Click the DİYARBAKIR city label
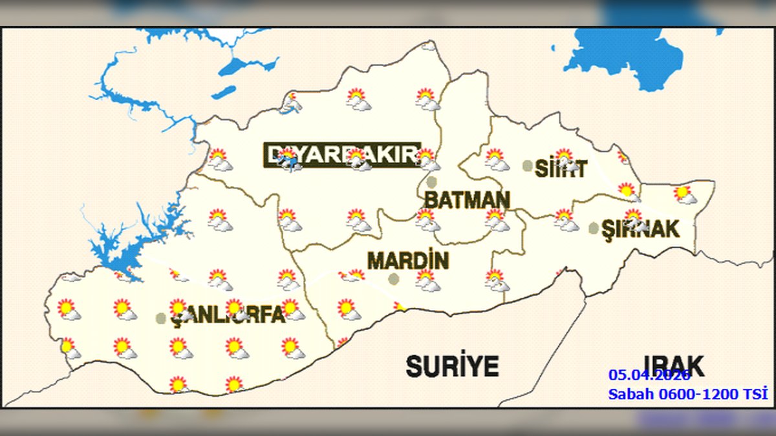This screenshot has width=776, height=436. pyautogui.click(x=342, y=155)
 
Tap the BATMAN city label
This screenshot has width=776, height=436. pyautogui.click(x=467, y=200)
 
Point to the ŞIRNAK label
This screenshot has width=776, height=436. pyautogui.click(x=640, y=229)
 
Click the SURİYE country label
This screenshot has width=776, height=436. pyautogui.click(x=452, y=366)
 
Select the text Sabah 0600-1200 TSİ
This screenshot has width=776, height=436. pyautogui.click(x=687, y=393)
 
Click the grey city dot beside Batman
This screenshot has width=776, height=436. pyautogui.click(x=431, y=182)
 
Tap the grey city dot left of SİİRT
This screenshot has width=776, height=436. pyautogui.click(x=528, y=166)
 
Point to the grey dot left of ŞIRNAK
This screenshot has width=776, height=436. pyautogui.click(x=594, y=227)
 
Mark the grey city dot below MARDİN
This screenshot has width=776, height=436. pyautogui.click(x=393, y=278)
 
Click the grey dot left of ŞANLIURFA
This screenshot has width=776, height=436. pyautogui.click(x=161, y=318)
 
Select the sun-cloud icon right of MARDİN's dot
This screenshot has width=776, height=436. pyautogui.click(x=427, y=280)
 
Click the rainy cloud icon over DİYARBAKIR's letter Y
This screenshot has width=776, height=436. pyautogui.click(x=288, y=162)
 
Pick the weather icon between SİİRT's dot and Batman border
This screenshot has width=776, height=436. pyautogui.click(x=497, y=159)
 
